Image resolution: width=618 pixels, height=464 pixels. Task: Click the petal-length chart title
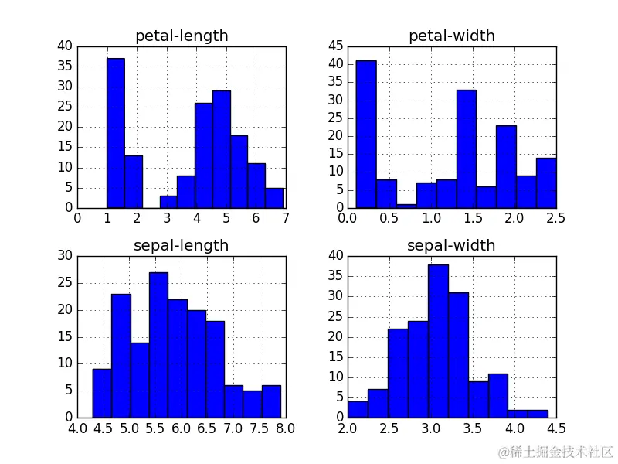click(x=182, y=36)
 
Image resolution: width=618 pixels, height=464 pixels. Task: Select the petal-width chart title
click(x=452, y=36)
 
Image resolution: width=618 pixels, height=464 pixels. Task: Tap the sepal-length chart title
click(x=182, y=245)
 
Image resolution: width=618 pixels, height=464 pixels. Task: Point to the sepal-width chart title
click(x=452, y=245)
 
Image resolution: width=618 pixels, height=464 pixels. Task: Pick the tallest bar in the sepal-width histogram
click(x=438, y=340)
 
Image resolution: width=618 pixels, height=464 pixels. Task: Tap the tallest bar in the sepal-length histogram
click(x=158, y=345)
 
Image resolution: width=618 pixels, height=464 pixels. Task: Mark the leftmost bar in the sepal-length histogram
click(x=102, y=393)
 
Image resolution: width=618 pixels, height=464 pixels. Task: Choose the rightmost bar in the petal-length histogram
click(x=274, y=198)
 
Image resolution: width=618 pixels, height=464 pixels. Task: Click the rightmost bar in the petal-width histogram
click(x=545, y=183)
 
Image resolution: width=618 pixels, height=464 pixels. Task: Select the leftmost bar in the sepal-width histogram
click(x=358, y=409)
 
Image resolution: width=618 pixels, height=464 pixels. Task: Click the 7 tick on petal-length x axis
click(x=285, y=219)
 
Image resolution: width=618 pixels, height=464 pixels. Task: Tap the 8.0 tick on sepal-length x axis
click(x=285, y=428)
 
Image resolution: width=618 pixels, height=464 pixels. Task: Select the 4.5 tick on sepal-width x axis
click(x=555, y=428)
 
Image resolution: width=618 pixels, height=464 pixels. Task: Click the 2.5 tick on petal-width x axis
click(x=555, y=219)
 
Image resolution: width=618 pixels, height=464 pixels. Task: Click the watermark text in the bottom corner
click(x=555, y=451)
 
